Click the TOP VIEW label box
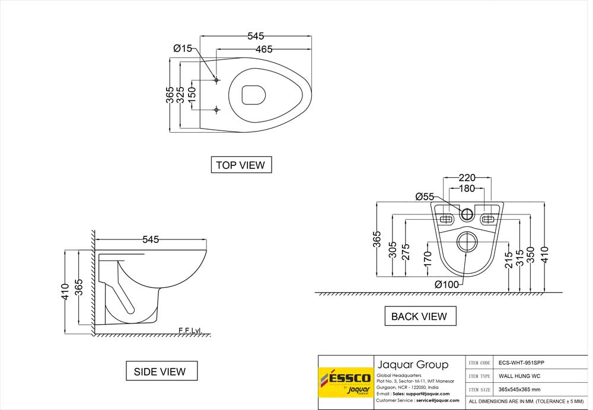point(241,165)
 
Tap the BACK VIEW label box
point(419,316)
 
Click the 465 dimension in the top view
point(264,50)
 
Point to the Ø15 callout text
point(183,48)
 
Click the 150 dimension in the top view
point(192,95)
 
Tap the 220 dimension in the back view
point(468,177)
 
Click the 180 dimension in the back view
point(468,188)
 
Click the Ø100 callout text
point(446,284)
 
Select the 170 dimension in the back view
point(427,260)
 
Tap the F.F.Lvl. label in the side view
point(190,331)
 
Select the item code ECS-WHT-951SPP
point(521,362)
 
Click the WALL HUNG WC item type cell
point(519,376)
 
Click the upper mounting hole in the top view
point(216,79)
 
